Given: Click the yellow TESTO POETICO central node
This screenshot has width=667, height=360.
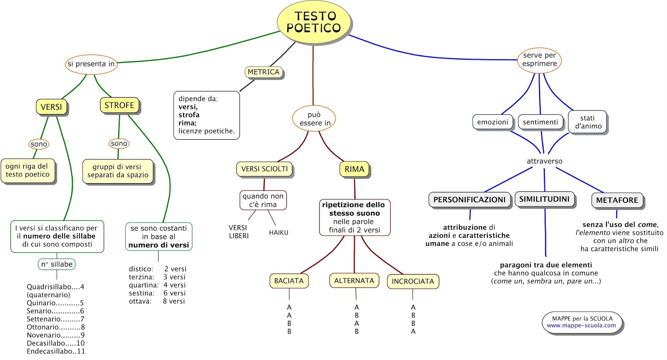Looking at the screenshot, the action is (x=314, y=22).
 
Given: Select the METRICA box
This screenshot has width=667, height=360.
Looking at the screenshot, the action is (x=263, y=72).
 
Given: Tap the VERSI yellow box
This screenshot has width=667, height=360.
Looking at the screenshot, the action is (x=51, y=107).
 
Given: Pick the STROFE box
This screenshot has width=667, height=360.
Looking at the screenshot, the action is (x=119, y=105).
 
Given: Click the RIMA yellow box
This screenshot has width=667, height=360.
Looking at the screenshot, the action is (x=354, y=169).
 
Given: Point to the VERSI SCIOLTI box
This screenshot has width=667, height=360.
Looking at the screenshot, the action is (x=264, y=169).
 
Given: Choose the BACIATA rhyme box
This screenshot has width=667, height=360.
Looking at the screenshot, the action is (x=289, y=281).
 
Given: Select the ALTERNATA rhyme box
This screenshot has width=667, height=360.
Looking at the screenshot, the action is (x=354, y=280).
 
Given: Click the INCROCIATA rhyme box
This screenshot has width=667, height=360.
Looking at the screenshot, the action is (x=413, y=281).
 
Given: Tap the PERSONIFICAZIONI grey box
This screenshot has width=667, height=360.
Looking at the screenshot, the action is (x=469, y=199).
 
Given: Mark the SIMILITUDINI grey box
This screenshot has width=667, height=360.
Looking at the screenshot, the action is (x=544, y=199).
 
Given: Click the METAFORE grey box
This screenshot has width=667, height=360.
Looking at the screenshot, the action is (x=617, y=200).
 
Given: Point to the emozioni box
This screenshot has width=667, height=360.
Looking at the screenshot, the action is (x=492, y=122).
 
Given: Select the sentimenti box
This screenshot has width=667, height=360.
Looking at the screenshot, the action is (x=540, y=122).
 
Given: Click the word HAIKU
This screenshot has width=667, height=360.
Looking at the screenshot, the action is (x=279, y=232).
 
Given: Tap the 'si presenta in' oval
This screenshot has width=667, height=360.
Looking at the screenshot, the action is (x=91, y=64).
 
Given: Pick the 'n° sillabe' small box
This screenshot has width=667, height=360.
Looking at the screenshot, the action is (x=57, y=264).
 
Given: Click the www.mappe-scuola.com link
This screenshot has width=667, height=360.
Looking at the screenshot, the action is (x=581, y=325).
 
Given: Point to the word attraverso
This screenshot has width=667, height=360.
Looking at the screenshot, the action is (x=544, y=161).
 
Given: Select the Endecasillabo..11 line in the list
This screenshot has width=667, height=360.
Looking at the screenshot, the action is (x=56, y=351).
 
